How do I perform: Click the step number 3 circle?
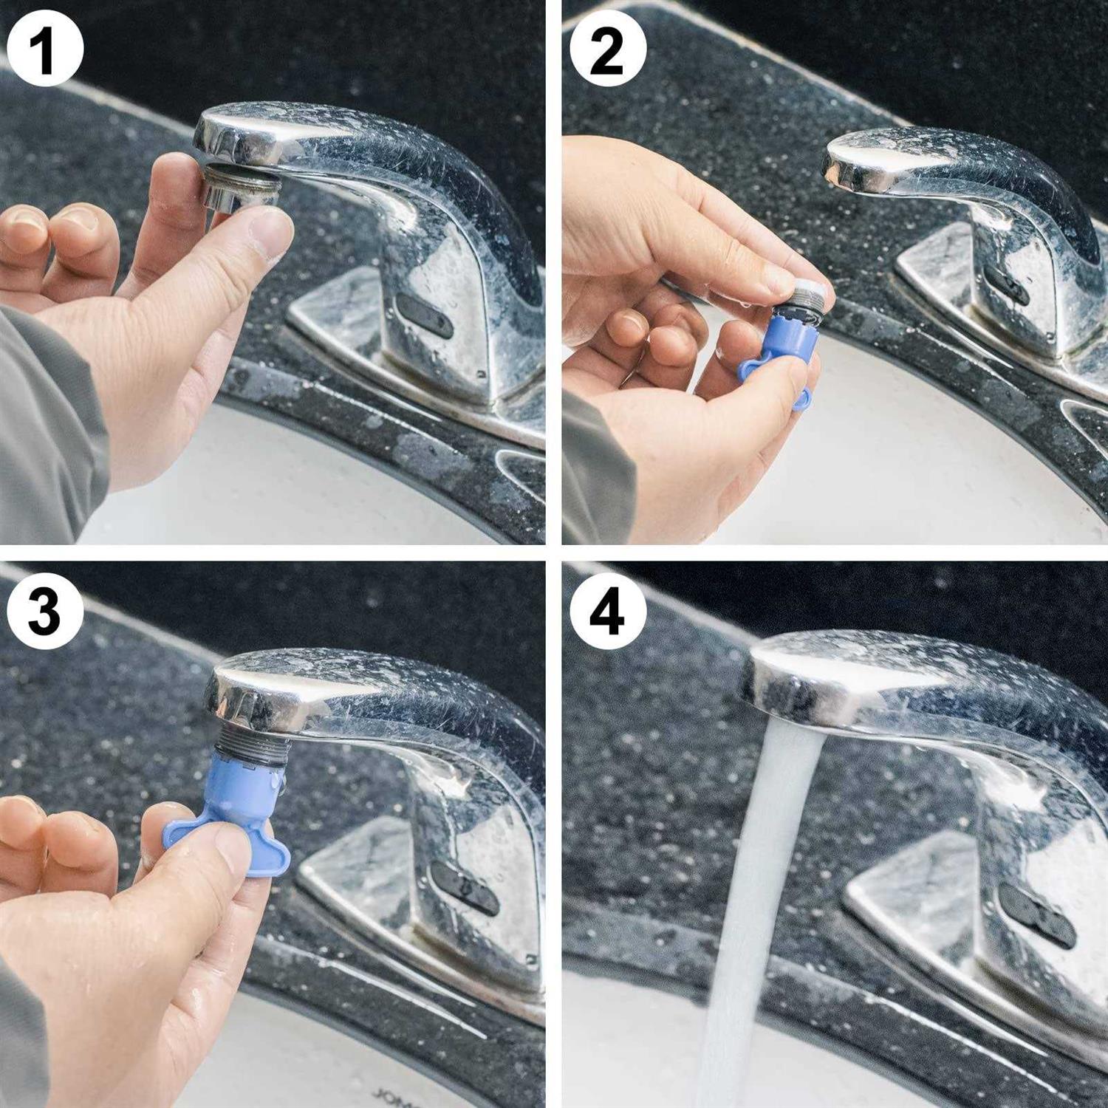click(x=45, y=612)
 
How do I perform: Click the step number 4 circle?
click(x=608, y=612)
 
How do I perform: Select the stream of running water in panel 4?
click(x=761, y=886)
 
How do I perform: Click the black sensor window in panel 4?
click(x=1042, y=923)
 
